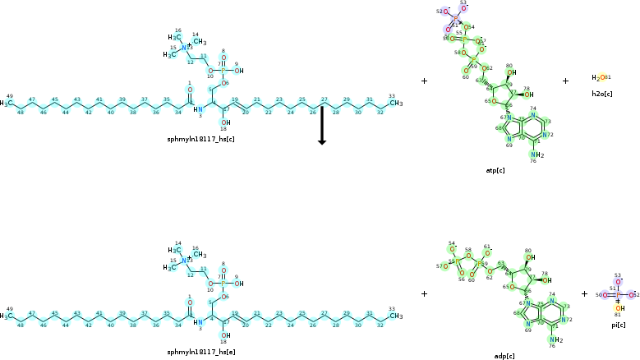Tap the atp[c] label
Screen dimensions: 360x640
(x=495, y=170)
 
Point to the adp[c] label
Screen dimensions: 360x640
(x=504, y=356)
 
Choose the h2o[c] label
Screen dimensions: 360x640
(x=601, y=94)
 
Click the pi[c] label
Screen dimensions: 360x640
(x=618, y=326)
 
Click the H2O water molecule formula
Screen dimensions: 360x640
(x=599, y=78)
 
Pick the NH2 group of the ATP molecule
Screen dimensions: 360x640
(x=537, y=155)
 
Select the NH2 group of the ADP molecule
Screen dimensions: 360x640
(x=555, y=340)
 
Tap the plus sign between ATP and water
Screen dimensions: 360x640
(x=565, y=81)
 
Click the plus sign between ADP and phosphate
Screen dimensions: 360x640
(x=584, y=293)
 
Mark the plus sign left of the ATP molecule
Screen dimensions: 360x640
(x=424, y=81)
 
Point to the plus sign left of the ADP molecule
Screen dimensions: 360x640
(x=424, y=293)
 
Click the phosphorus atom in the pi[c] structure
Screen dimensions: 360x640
(x=618, y=294)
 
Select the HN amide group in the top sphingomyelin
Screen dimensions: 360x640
(x=198, y=109)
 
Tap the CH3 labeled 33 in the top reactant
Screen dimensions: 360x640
(x=395, y=104)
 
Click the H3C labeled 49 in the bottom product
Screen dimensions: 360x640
(x=7, y=314)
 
